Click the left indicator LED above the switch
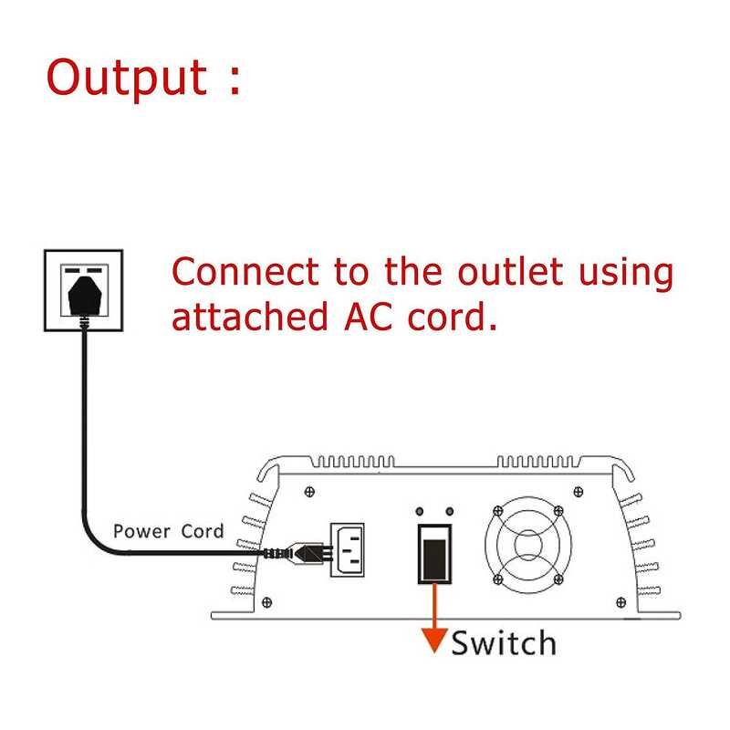point(421,512)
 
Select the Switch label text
point(503,642)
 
